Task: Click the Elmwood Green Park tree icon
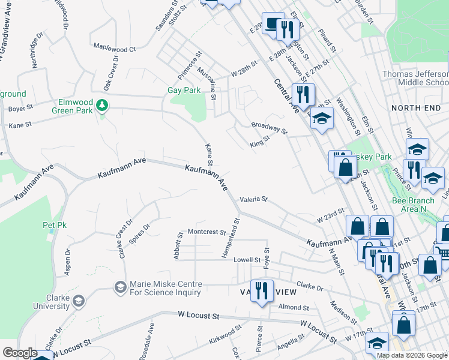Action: pyautogui.click(x=103, y=106)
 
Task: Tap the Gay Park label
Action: pyautogui.click(x=183, y=91)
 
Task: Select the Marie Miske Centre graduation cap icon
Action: pyautogui.click(x=120, y=288)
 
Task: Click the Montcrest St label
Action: pyautogui.click(x=206, y=231)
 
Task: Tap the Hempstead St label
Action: pyautogui.click(x=232, y=238)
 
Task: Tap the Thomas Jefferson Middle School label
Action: pyautogui.click(x=415, y=78)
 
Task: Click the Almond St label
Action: pyautogui.click(x=293, y=307)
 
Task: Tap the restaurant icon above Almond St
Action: pyautogui.click(x=261, y=290)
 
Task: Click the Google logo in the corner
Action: pyautogui.click(x=19, y=353)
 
